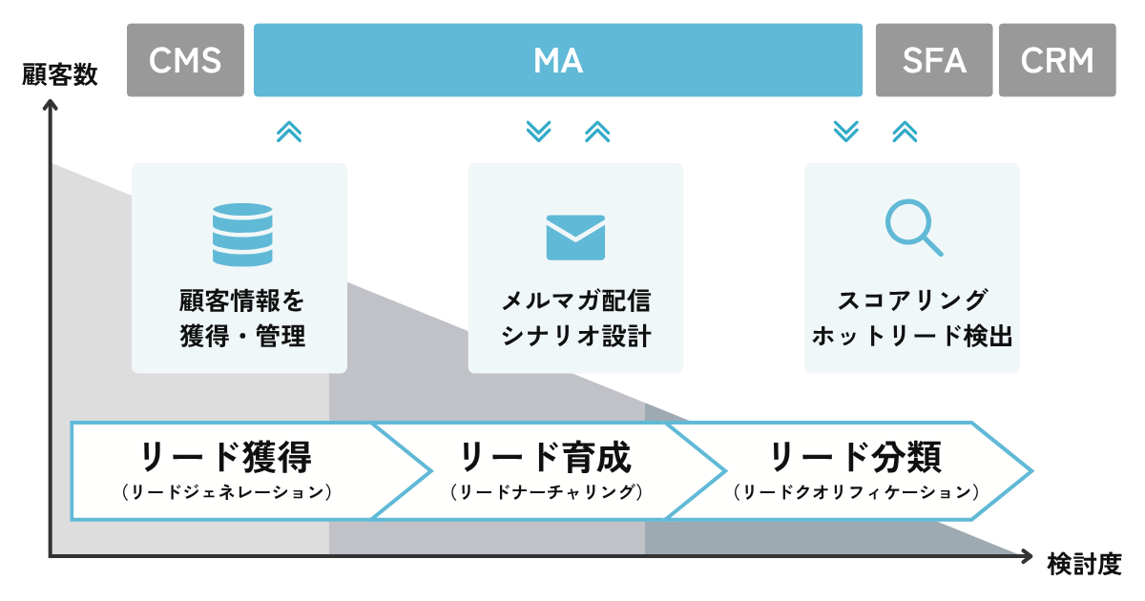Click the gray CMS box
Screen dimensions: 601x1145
click(185, 60)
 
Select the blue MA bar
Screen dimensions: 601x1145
click(557, 60)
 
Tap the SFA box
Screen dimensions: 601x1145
click(934, 60)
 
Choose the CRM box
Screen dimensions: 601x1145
click(1057, 60)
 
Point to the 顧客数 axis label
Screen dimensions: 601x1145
click(59, 75)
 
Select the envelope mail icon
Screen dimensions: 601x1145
click(575, 237)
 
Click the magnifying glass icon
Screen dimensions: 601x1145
click(913, 229)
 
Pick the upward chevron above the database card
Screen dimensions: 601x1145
click(288, 132)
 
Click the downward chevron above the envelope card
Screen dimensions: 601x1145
click(539, 132)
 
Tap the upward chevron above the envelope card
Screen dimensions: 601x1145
click(597, 132)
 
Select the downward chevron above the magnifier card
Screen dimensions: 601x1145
click(845, 132)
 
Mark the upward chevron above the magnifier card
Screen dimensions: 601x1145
click(905, 132)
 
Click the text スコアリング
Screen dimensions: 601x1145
click(912, 300)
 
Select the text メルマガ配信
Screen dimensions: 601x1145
click(575, 300)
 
